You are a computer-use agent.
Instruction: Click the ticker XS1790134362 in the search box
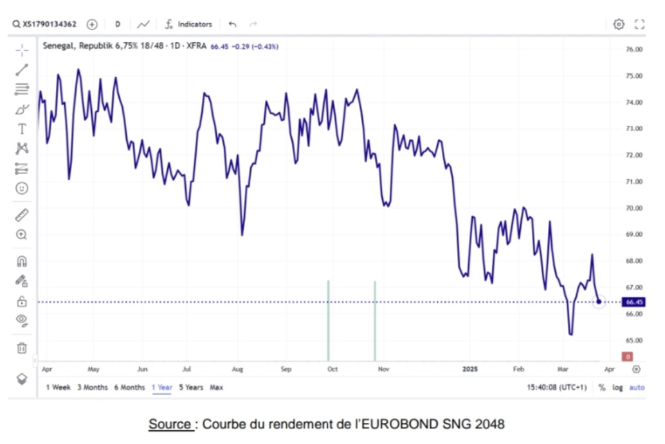[x=49, y=24]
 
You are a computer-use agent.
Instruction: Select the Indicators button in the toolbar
[x=194, y=24]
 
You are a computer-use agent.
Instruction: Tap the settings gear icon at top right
[x=619, y=24]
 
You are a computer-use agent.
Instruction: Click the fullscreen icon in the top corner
[x=639, y=24]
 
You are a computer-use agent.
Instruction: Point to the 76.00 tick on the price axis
[x=634, y=49]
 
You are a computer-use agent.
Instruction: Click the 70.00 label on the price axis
[x=634, y=208]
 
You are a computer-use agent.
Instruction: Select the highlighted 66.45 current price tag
[x=634, y=302]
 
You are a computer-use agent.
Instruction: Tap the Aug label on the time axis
[x=237, y=369]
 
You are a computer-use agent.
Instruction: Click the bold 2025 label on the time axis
[x=471, y=369]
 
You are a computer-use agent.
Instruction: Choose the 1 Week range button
[x=58, y=387]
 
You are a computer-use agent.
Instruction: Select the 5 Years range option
[x=191, y=387]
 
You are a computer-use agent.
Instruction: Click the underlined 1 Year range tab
[x=161, y=387]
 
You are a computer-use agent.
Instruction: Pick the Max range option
[x=217, y=387]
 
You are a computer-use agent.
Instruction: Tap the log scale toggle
[x=617, y=387]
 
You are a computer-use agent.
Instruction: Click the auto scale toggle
[x=637, y=387]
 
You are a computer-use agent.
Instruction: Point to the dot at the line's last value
[x=599, y=301]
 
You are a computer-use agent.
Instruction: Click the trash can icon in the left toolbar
[x=22, y=348]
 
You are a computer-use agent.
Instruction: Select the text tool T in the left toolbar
[x=22, y=129]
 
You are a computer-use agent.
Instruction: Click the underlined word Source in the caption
[x=170, y=425]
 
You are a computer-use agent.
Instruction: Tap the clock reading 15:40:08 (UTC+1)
[x=556, y=387]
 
